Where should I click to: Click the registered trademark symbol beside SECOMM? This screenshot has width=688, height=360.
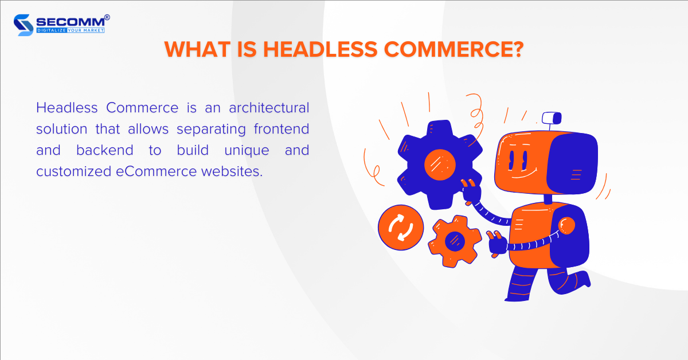click(x=107, y=17)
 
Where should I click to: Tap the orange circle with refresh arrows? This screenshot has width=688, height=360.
click(x=401, y=228)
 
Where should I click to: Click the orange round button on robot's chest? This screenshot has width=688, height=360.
click(x=566, y=225)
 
